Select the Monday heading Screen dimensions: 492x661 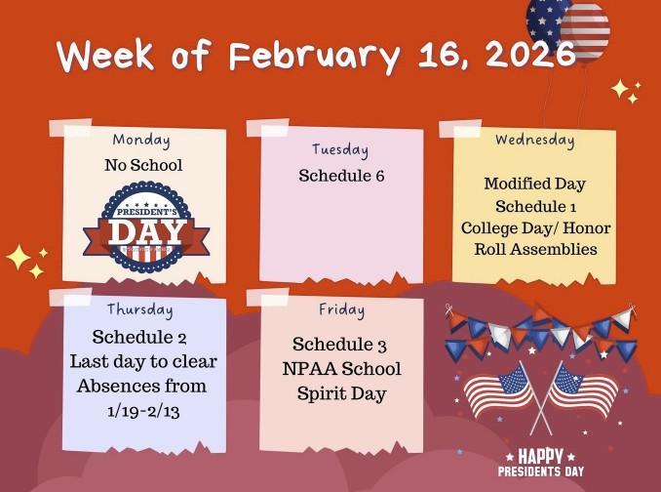click(x=141, y=140)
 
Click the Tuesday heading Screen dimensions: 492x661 click(x=340, y=149)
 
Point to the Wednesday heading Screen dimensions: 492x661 click(x=534, y=140)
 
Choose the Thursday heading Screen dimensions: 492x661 click(x=139, y=309)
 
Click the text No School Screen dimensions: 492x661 click(x=143, y=165)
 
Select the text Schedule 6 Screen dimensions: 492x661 click(x=341, y=176)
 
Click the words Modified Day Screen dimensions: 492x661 click(x=534, y=184)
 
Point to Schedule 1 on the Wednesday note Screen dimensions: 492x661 click(x=534, y=206)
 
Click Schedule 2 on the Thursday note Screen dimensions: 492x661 click(x=139, y=337)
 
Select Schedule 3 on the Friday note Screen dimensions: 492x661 click(x=340, y=346)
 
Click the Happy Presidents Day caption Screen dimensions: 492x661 click(x=540, y=463)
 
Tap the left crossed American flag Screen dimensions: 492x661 click(x=498, y=389)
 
